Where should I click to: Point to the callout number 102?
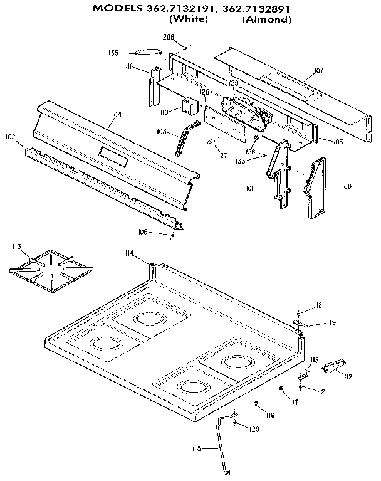(x=10, y=137)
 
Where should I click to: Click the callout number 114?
(x=129, y=253)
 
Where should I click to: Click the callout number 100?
(x=347, y=186)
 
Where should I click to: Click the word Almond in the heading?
(x=266, y=19)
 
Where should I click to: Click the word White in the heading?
(x=189, y=19)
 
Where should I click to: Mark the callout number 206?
(x=169, y=37)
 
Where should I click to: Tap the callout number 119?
(x=331, y=322)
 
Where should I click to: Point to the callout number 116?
(x=269, y=415)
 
